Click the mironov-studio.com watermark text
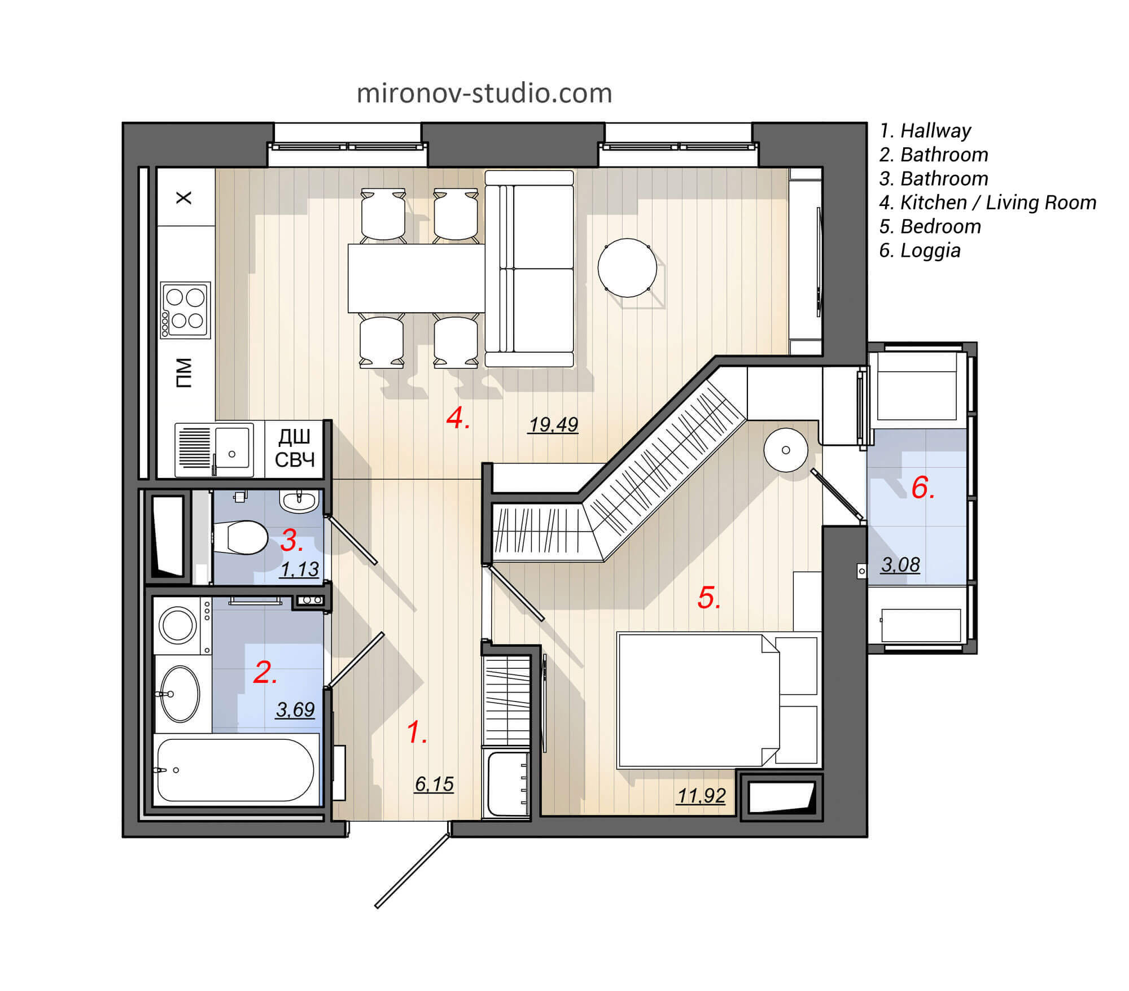[x=484, y=94]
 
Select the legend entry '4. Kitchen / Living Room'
[x=987, y=203]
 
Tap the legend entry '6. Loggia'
[x=920, y=251]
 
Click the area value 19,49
[x=553, y=424]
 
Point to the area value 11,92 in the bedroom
[x=701, y=796]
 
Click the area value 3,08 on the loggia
[x=900, y=564]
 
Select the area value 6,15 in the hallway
[x=434, y=784]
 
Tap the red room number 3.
[x=291, y=541]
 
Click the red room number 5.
[x=708, y=598]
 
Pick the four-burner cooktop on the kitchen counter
[x=185, y=310]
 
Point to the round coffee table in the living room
[x=627, y=268]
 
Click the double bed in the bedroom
[x=698, y=700]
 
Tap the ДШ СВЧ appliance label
[x=295, y=449]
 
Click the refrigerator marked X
[x=185, y=198]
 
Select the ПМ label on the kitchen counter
[x=185, y=373]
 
